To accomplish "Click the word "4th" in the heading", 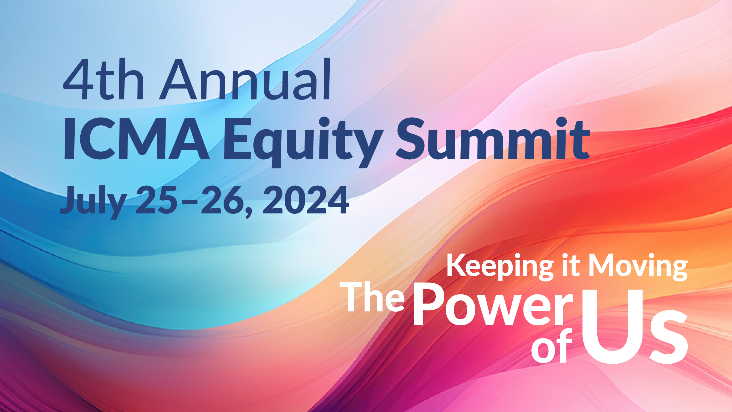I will coord(103,80).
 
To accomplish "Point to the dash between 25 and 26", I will coord(189,202).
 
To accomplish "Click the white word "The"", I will coord(372,298).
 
